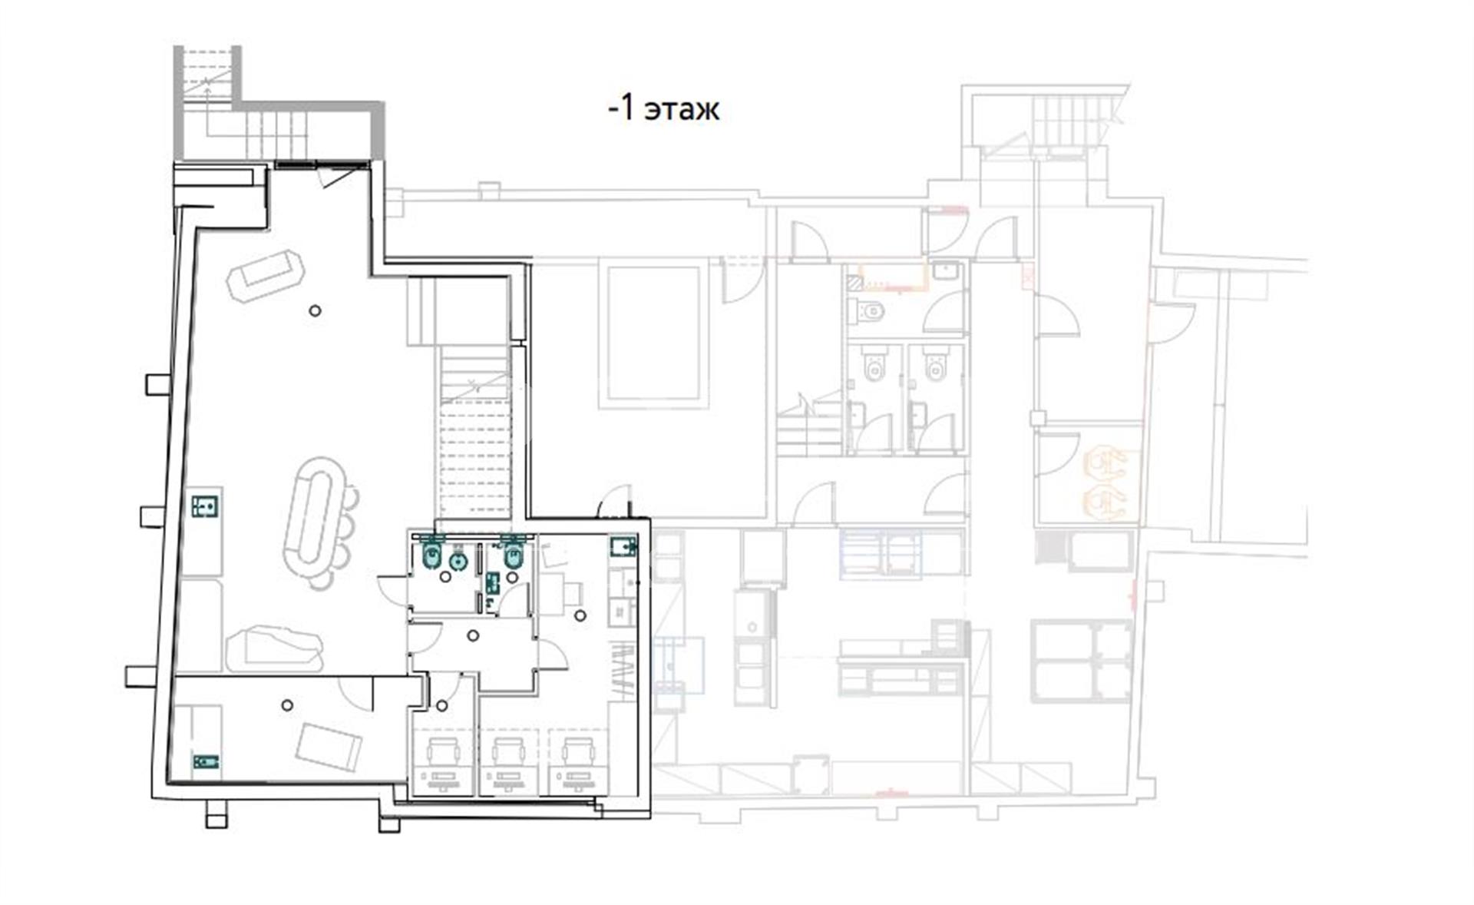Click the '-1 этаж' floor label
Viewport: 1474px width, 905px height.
(663, 109)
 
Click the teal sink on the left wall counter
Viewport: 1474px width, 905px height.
(205, 506)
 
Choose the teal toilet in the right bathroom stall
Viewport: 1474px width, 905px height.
(514, 555)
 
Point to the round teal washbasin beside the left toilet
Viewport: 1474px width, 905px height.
(458, 562)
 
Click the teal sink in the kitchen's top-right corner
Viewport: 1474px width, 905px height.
(623, 546)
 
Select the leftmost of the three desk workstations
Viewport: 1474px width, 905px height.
(443, 762)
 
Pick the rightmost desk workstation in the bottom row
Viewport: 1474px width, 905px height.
(577, 762)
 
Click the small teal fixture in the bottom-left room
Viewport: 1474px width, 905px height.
(205, 761)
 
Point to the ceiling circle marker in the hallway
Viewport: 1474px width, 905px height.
(474, 635)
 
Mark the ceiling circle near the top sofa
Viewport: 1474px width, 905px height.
(315, 310)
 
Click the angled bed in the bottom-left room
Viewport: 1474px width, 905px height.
(329, 748)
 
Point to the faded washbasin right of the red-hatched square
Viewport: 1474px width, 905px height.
(945, 271)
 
